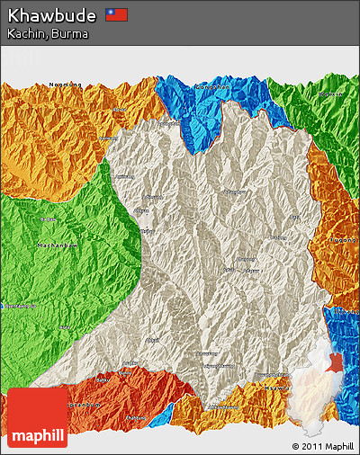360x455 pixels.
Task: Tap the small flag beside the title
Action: tap(116, 14)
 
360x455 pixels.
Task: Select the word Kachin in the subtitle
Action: tap(26, 33)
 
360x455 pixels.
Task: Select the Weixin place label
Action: tap(331, 94)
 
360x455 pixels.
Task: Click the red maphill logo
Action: tap(37, 418)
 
